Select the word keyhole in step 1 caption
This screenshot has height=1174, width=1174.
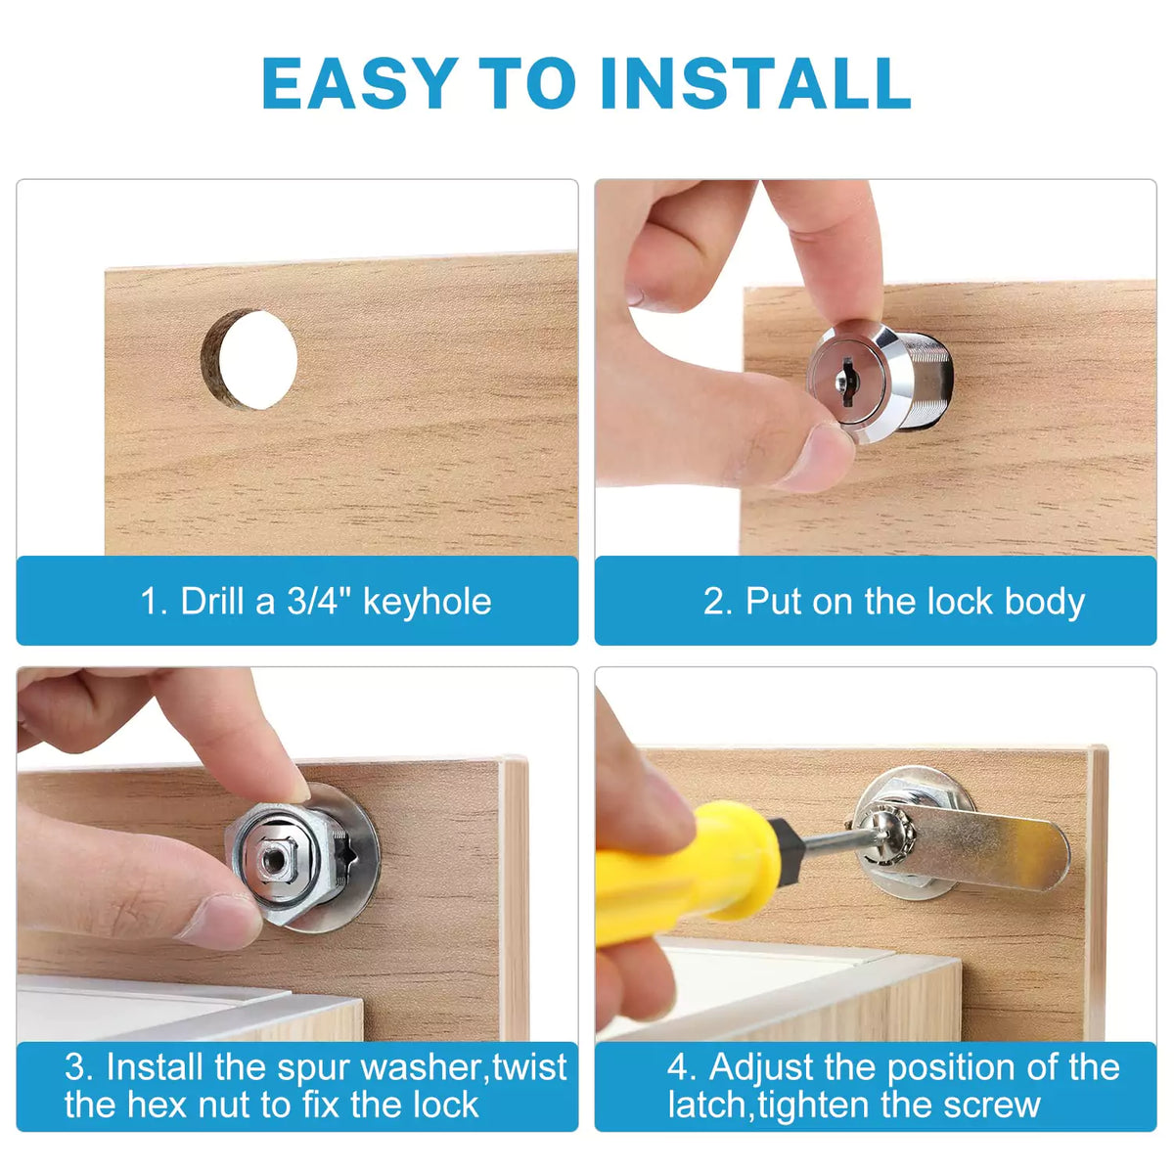[x=427, y=602]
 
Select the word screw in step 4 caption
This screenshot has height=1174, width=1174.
[x=990, y=1106]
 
